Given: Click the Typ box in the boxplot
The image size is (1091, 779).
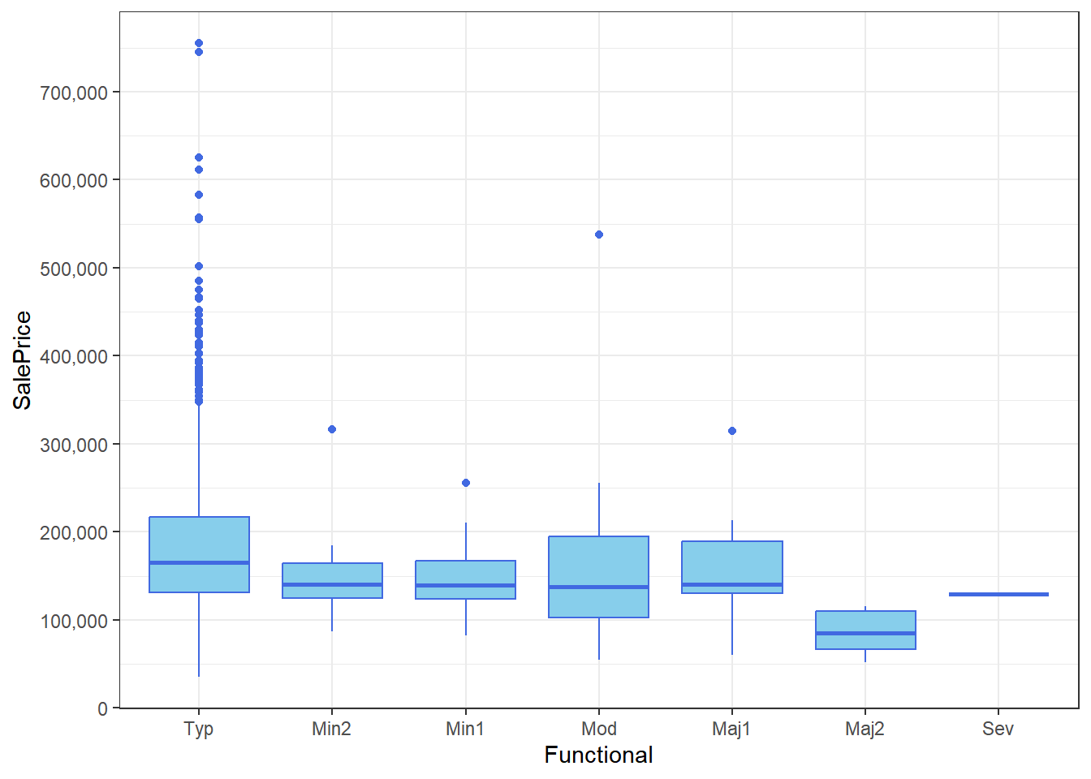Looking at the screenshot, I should click(199, 554).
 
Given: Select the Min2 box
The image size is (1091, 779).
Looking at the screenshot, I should click(332, 580).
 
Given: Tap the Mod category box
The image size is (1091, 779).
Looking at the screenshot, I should click(599, 576).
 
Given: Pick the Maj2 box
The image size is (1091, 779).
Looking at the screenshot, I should click(865, 630).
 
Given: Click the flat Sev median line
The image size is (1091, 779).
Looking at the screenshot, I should click(998, 595).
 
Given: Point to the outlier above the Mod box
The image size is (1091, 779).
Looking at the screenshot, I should click(599, 235).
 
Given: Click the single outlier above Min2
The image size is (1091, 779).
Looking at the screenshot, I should click(332, 429).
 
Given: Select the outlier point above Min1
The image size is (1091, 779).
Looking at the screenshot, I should click(466, 483).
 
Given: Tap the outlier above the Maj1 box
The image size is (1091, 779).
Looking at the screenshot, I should click(732, 431).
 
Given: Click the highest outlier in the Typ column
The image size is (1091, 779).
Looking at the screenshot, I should click(199, 43).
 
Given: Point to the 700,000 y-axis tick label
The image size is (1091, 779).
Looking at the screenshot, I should click(74, 93).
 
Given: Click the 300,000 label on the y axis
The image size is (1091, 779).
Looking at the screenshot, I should click(74, 445).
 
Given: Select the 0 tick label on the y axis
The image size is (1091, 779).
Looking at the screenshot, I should click(102, 709).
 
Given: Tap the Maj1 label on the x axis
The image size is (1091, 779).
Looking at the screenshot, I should click(731, 729).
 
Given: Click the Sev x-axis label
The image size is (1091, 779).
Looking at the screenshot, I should click(998, 729).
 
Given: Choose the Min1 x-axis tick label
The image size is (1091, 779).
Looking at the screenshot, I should click(465, 729).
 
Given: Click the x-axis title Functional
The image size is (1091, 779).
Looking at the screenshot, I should click(598, 755).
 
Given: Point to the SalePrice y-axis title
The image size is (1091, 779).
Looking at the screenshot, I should click(23, 360).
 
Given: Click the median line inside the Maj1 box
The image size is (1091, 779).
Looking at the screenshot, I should click(732, 584).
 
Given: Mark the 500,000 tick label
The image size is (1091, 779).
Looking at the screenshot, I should click(74, 269).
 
